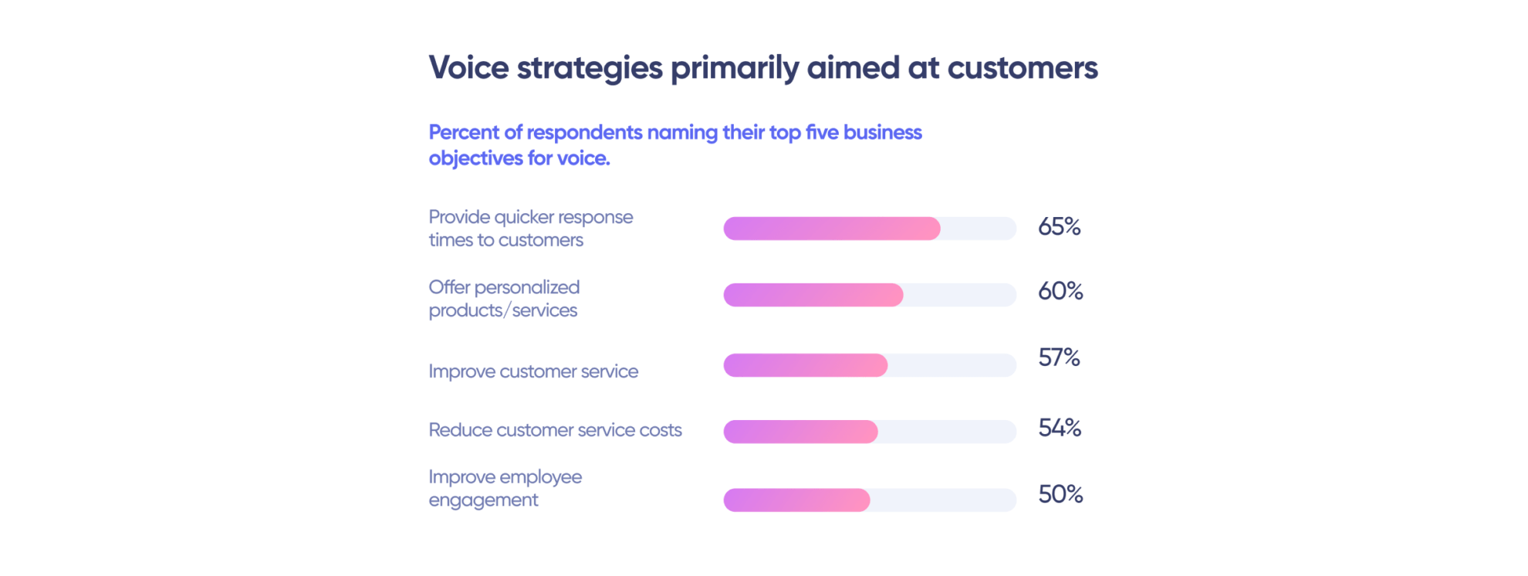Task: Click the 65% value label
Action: pyautogui.click(x=1059, y=226)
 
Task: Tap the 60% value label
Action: pyautogui.click(x=1060, y=291)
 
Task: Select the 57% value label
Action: pyautogui.click(x=1059, y=357)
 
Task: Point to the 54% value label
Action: pyautogui.click(x=1059, y=428)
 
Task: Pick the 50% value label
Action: pyautogui.click(x=1060, y=494)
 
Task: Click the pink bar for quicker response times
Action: pyautogui.click(x=831, y=229)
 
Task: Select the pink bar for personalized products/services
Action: pyautogui.click(x=813, y=295)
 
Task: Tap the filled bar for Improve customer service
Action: pyautogui.click(x=805, y=365)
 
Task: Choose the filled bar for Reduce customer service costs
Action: pyautogui.click(x=800, y=432)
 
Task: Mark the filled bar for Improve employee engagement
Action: pyautogui.click(x=796, y=500)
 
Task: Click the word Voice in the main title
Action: pyautogui.click(x=468, y=68)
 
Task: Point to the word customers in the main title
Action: pyautogui.click(x=1022, y=68)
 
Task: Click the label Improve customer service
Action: pyautogui.click(x=533, y=371)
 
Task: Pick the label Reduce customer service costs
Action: pyautogui.click(x=555, y=430)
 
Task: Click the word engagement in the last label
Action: pyautogui.click(x=483, y=500)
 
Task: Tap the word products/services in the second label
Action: pyautogui.click(x=502, y=310)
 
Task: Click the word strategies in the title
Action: pyautogui.click(x=590, y=68)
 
